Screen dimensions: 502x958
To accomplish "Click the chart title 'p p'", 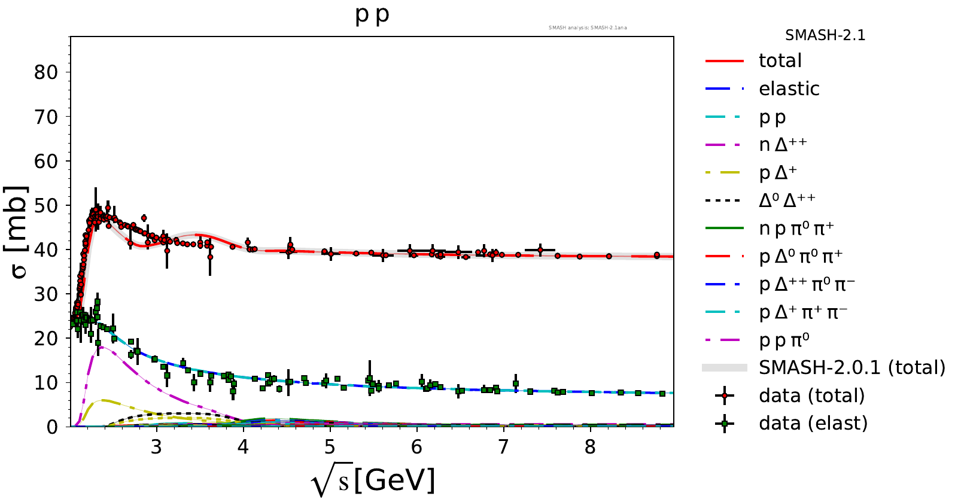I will (372, 14).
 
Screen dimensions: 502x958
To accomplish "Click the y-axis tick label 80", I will (46, 72).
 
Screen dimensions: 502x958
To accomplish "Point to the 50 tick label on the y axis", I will (46, 205).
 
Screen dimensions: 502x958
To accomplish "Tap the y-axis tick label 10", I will (46, 383).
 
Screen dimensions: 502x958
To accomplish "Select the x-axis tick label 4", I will (243, 448).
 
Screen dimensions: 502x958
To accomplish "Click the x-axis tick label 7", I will (503, 448).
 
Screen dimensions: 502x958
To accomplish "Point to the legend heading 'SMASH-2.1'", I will (825, 35).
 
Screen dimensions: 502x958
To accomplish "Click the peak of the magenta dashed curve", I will (102, 346).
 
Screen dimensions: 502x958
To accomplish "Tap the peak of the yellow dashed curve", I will (105, 400).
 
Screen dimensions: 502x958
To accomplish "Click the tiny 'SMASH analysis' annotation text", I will (588, 28).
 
